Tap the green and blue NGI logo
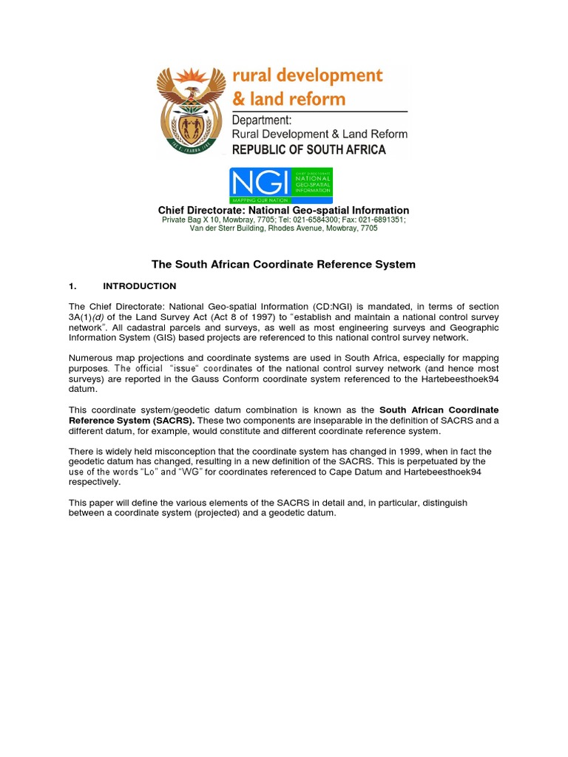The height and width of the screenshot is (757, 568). point(280,186)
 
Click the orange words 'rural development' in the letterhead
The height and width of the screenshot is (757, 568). point(308,76)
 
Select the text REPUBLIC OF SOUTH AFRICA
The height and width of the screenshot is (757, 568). point(309,149)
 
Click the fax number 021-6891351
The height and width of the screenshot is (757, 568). point(379,220)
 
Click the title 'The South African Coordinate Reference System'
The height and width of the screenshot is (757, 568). point(283,264)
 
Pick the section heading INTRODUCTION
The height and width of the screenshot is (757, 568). point(139,286)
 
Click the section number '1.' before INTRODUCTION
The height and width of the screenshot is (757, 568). point(72,286)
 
